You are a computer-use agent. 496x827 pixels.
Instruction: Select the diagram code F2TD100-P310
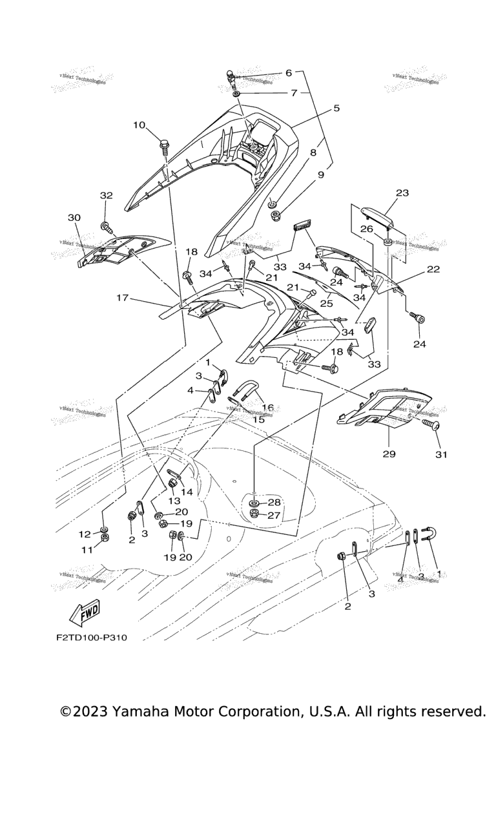pos(91,638)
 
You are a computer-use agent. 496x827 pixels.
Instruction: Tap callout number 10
pos(139,125)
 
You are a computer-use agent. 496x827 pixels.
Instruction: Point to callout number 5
pos(336,109)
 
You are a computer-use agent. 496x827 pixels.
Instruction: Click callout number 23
pos(402,193)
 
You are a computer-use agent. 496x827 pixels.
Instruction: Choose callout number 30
pos(74,218)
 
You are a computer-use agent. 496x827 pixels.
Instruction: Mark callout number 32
pos(106,194)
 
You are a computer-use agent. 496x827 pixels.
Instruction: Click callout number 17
pos(123,298)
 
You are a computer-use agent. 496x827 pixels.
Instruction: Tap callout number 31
pos(440,454)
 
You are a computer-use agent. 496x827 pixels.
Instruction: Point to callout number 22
pos(433,269)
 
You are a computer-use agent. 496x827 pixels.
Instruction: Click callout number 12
pos(85,534)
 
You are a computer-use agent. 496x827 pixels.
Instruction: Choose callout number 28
pos(274,502)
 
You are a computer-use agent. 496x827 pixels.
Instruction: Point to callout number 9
pos(321,174)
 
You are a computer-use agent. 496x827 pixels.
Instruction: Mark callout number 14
pos(187,492)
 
